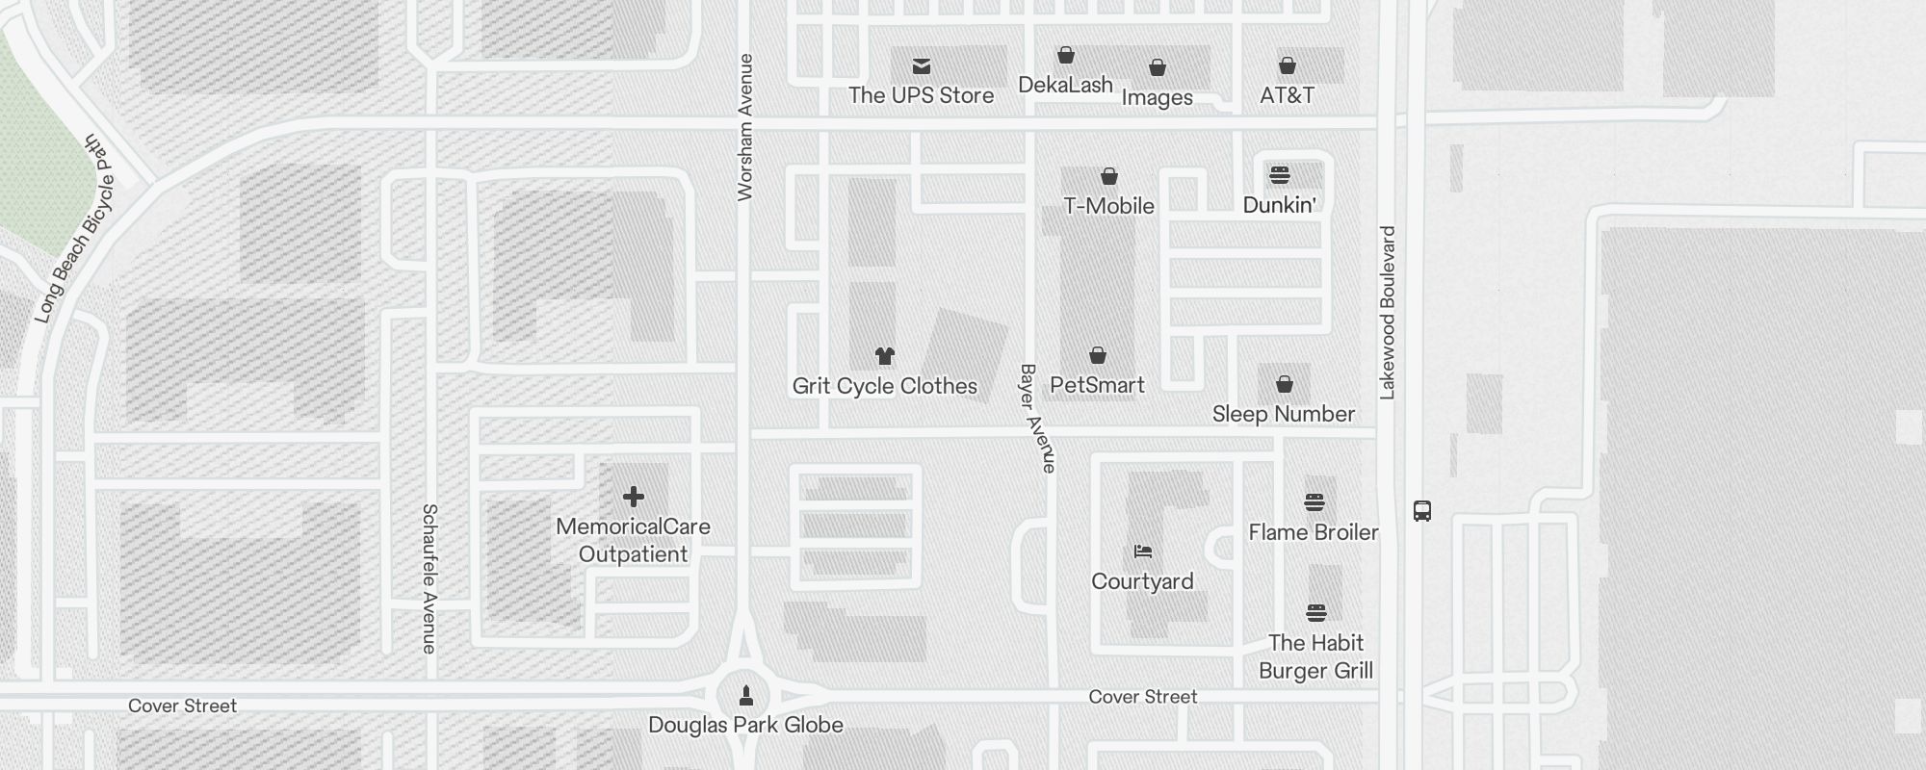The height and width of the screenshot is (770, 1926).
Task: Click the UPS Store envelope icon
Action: pyautogui.click(x=922, y=66)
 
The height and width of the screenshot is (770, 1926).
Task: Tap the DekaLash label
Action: pyautogui.click(x=1065, y=85)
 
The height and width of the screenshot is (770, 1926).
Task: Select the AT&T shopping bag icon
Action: pyautogui.click(x=1287, y=66)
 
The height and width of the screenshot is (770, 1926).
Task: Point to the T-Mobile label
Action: pyautogui.click(x=1108, y=206)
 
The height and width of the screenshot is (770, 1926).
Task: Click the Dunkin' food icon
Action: pyautogui.click(x=1279, y=175)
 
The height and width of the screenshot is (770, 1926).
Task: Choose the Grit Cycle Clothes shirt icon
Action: pyautogui.click(x=885, y=356)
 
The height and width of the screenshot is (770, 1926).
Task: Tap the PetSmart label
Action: pyautogui.click(x=1097, y=385)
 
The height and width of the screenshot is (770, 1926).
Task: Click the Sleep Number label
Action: pyautogui.click(x=1283, y=414)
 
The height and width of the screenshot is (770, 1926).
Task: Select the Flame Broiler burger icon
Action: pyautogui.click(x=1314, y=502)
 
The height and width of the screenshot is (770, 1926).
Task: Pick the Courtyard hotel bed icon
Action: pyautogui.click(x=1142, y=552)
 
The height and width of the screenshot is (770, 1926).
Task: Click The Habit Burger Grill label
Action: pyautogui.click(x=1315, y=656)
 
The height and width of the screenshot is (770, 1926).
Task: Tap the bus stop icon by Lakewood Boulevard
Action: pyautogui.click(x=1421, y=511)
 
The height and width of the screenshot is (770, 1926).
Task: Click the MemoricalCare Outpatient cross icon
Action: pyautogui.click(x=633, y=497)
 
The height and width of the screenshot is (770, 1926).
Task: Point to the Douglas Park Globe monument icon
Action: pyautogui.click(x=745, y=695)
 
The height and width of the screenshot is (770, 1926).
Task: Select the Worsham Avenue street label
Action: pyautogui.click(x=744, y=127)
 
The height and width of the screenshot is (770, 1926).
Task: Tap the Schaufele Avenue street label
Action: pyautogui.click(x=429, y=577)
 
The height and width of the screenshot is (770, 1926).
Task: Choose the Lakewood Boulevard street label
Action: pyautogui.click(x=1387, y=313)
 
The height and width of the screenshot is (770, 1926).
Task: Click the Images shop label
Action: pyautogui.click(x=1157, y=97)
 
